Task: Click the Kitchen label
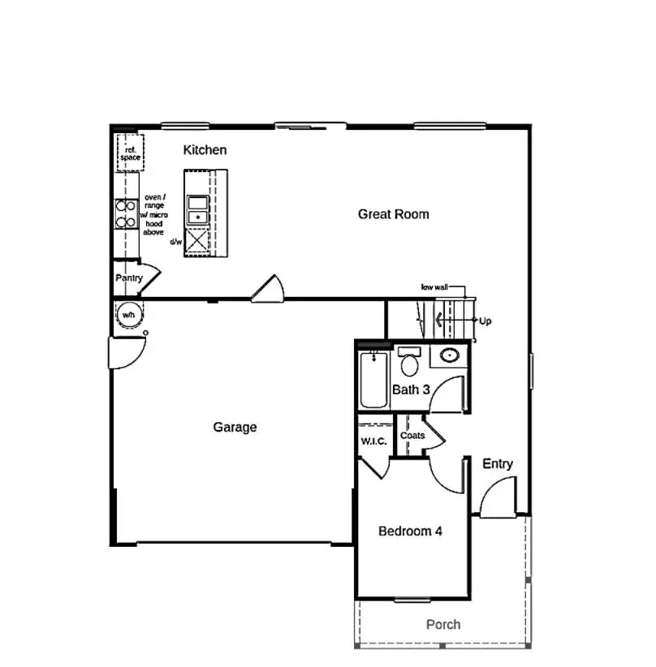(x=205, y=150)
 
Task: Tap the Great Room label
(x=393, y=214)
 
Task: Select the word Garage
(x=235, y=427)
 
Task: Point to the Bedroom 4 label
(x=410, y=531)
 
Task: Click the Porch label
(x=443, y=624)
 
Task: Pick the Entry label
(x=498, y=464)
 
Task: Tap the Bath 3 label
(x=411, y=389)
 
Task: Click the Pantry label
(x=128, y=278)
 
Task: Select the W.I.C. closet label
(x=373, y=441)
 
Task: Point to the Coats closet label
(x=412, y=436)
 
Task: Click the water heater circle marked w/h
(x=128, y=314)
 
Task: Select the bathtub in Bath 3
(x=373, y=381)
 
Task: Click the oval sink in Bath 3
(x=448, y=355)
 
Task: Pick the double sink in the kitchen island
(x=196, y=210)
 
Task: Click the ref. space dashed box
(x=130, y=154)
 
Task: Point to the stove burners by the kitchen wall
(x=124, y=213)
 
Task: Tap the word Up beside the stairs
(x=486, y=321)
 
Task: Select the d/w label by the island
(x=175, y=242)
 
